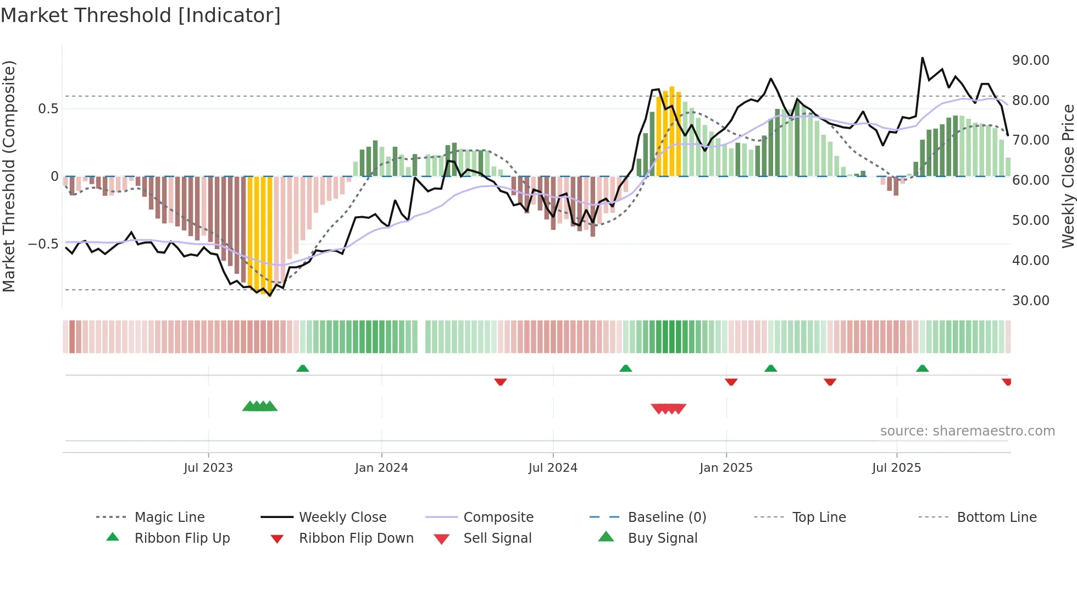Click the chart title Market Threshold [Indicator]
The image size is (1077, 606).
click(141, 15)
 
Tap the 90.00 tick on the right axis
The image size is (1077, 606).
click(1030, 60)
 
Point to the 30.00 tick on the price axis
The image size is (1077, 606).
click(1030, 301)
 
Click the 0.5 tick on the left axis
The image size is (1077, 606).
click(48, 109)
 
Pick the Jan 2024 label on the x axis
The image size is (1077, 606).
click(381, 468)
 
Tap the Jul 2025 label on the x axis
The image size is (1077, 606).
click(896, 468)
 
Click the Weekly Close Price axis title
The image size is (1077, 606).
click(1068, 176)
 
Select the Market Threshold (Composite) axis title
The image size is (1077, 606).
click(9, 176)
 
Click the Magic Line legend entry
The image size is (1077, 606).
click(169, 517)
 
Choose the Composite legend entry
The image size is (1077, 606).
click(498, 517)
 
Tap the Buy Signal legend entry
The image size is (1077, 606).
click(662, 538)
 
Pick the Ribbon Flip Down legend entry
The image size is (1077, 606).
click(356, 538)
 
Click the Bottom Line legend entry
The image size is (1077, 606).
click(996, 517)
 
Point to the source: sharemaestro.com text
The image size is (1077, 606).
click(967, 431)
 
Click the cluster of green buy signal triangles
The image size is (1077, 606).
click(260, 406)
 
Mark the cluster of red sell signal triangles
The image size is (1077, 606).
click(668, 409)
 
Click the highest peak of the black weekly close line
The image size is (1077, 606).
click(922, 58)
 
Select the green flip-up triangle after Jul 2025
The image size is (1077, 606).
click(922, 368)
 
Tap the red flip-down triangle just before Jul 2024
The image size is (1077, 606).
click(500, 382)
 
